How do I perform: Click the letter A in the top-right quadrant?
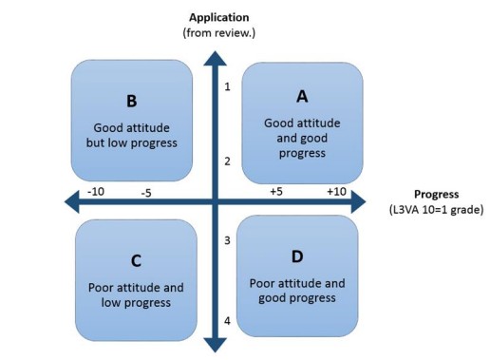[302, 96]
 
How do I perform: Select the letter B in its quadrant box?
[132, 102]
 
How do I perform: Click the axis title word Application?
[220, 17]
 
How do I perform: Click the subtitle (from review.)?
[220, 33]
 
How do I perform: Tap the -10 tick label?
[95, 191]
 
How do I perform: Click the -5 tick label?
[146, 194]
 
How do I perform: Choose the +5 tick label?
[275, 191]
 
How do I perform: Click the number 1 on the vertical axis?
[228, 87]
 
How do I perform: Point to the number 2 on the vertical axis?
[228, 161]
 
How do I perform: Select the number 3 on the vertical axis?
[227, 240]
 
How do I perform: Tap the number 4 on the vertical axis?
[227, 320]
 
